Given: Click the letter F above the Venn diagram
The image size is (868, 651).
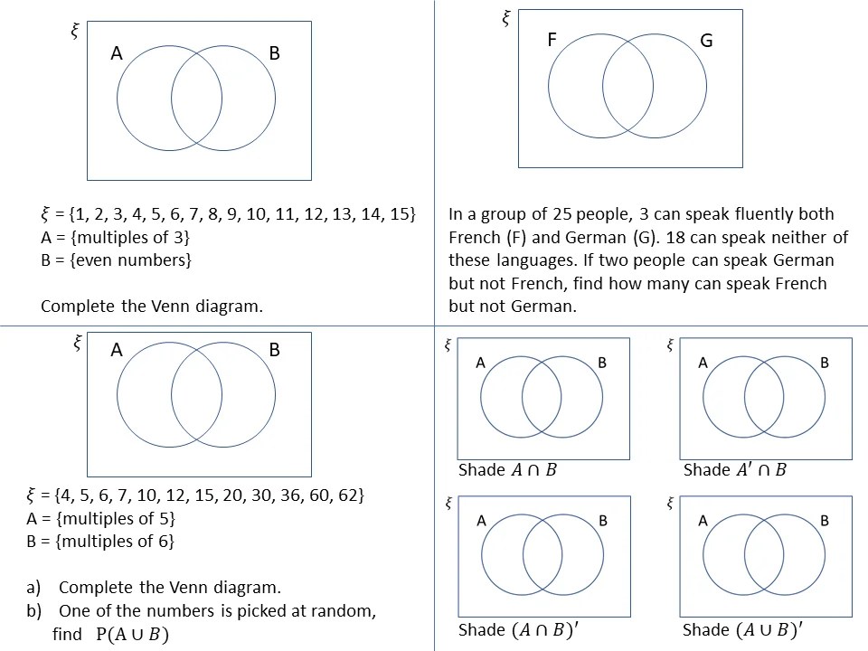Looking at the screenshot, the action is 552,40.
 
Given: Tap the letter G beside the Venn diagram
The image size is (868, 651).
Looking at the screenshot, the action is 707,41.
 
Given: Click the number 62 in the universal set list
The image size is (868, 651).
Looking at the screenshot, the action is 352,495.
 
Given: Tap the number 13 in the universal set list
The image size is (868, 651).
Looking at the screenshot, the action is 342,214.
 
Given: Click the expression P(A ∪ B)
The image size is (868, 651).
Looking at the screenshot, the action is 132,635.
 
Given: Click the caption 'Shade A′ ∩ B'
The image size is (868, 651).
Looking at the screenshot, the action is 735,470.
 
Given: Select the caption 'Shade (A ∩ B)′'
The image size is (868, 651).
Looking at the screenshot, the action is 515,630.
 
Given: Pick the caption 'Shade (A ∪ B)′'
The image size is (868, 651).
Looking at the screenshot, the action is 741,630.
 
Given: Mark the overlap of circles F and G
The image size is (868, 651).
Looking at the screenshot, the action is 628,86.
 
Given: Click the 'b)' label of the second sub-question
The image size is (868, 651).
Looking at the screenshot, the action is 34,610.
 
